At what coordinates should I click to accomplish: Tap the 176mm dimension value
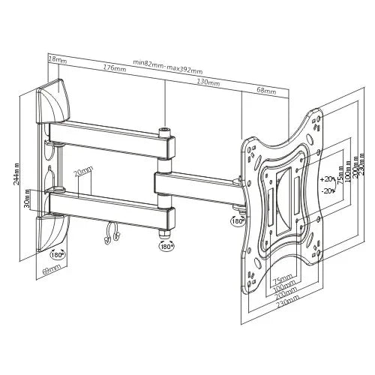(x=115, y=69)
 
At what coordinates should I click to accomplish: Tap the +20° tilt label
(x=326, y=180)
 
